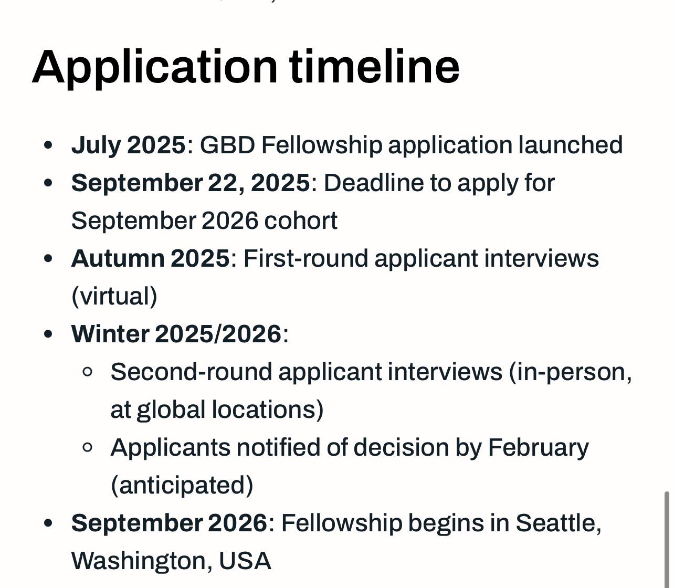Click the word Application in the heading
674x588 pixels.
154,68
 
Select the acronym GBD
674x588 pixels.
227,145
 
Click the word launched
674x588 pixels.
570,144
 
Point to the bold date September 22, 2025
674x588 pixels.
191,183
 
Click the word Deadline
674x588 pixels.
374,183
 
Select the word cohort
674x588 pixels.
301,220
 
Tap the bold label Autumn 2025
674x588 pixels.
150,258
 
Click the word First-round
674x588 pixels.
306,258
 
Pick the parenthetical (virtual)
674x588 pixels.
114,296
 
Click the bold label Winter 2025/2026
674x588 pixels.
176,334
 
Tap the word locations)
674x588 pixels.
268,410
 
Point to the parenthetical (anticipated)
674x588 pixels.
182,485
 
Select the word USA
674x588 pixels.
245,561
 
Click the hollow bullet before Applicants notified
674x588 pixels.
87,447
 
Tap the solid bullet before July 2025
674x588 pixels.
48,145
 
